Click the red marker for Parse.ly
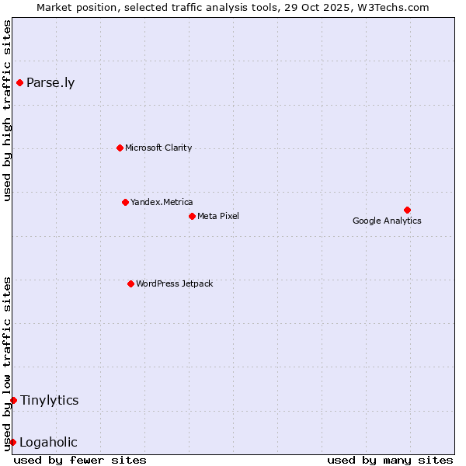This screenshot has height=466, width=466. pos(19,82)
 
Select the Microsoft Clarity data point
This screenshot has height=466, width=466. pos(120,148)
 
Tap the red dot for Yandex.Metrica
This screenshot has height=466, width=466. pos(125,202)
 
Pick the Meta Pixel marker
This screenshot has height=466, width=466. pos(192,216)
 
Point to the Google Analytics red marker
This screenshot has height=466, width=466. pos(407,210)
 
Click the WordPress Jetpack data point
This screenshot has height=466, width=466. pos(130,283)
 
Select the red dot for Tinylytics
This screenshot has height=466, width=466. pos(13,400)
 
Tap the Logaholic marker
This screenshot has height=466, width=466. pos(12,442)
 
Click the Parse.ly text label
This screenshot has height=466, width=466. pos(50,83)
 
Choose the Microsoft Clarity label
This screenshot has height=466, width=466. pos(158,148)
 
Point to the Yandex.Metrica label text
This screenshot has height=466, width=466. pos(162,202)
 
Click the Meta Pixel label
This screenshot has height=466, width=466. pos(218,216)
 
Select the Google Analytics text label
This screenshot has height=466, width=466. pos(387,221)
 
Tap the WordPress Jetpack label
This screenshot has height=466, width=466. pos(174,283)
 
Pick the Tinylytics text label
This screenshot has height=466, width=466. pos(50,400)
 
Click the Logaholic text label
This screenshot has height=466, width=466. pos(48,443)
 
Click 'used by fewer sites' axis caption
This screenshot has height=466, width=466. pos(80,460)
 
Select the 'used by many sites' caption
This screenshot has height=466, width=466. pos(390,460)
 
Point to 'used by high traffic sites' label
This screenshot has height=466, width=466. pos(7,110)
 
